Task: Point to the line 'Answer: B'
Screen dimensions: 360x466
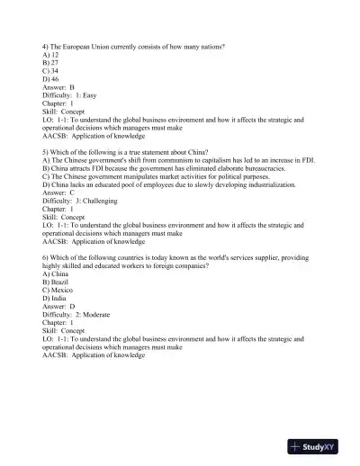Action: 59,88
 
